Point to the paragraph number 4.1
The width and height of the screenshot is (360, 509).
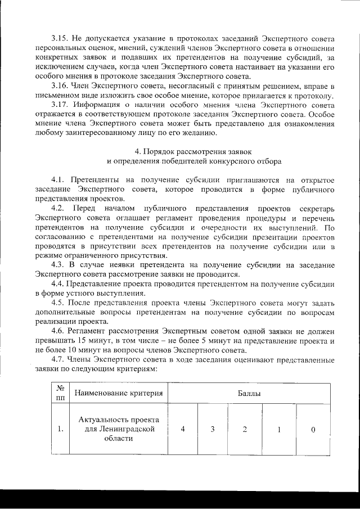pos(59,180)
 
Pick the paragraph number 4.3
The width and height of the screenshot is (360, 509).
pos(59,265)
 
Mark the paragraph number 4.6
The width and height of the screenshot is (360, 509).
pos(59,332)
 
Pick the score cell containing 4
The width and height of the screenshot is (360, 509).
pos(184,430)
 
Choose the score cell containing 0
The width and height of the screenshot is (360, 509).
pos(313,430)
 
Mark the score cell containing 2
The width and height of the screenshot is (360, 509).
pos(245,430)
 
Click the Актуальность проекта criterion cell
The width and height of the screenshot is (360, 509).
pos(119,430)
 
